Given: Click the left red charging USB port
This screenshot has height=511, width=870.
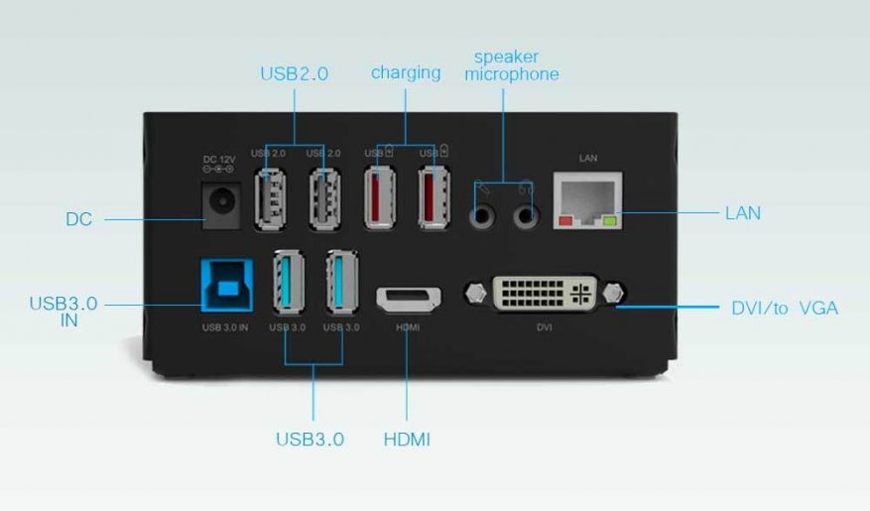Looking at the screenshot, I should pyautogui.click(x=379, y=198).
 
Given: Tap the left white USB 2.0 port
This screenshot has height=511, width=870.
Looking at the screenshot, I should pyautogui.click(x=270, y=198).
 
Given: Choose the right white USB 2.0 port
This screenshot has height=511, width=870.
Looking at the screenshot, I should pyautogui.click(x=324, y=198).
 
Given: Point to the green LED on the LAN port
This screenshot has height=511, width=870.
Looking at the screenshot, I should pyautogui.click(x=609, y=221).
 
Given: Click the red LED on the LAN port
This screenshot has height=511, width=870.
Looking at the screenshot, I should pyautogui.click(x=566, y=221).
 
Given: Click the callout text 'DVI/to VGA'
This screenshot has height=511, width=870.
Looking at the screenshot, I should pyautogui.click(x=784, y=309).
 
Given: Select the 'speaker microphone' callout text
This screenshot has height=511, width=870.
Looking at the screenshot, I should pyautogui.click(x=512, y=65).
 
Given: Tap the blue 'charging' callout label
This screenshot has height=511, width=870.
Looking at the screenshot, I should pyautogui.click(x=406, y=72).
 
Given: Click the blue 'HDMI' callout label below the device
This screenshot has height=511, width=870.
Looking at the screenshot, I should pyautogui.click(x=407, y=439).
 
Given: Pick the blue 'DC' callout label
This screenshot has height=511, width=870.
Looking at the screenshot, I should pyautogui.click(x=78, y=219).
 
